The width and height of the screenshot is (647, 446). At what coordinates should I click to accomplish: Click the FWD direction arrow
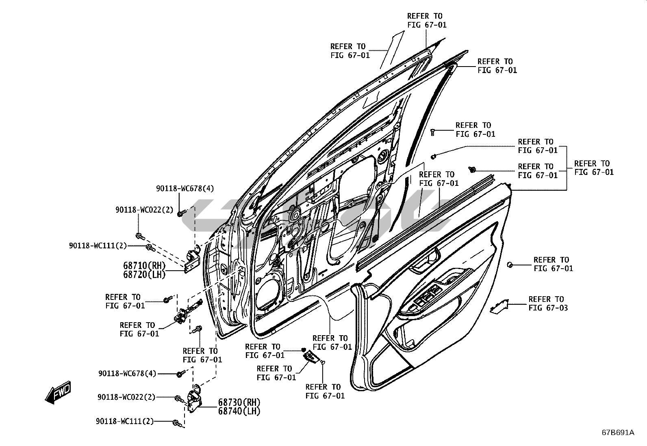coord(58,392)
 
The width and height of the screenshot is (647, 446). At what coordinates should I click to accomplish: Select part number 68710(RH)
coord(144,265)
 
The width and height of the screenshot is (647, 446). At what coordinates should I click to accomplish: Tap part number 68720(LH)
coord(144,275)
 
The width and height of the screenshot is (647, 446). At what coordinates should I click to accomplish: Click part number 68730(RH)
coord(239,402)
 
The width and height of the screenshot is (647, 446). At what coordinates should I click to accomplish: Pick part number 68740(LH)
coord(239,411)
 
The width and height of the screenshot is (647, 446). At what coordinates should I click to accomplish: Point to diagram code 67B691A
coord(618,433)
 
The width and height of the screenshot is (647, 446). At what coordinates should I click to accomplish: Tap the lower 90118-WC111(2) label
coord(125,421)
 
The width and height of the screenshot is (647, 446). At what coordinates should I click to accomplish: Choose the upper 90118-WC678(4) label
coord(185,188)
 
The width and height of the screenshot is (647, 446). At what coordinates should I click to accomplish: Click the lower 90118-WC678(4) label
coord(127,373)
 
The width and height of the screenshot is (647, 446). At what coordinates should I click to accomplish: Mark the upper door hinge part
coord(190,260)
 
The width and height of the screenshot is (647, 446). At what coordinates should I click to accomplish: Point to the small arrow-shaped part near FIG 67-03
coord(499,306)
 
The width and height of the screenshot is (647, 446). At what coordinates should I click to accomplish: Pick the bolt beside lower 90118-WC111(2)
coord(176,423)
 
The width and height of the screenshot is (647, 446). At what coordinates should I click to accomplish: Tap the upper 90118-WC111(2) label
coord(98,246)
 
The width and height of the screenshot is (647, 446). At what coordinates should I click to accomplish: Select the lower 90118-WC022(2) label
coord(126,397)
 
